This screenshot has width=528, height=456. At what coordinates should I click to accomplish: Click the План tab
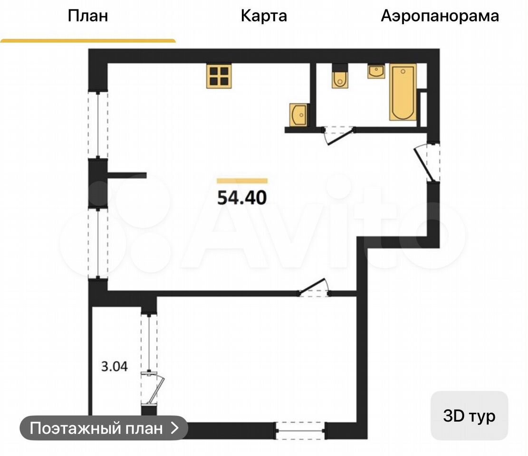pyautogui.click(x=88, y=16)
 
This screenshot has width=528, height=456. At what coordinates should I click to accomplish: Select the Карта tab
pyautogui.click(x=264, y=16)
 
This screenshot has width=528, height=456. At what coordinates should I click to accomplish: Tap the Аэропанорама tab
pyautogui.click(x=440, y=16)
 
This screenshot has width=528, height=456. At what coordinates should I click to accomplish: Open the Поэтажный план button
pyautogui.click(x=104, y=428)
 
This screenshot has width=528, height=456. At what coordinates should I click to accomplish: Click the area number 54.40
pyautogui.click(x=242, y=198)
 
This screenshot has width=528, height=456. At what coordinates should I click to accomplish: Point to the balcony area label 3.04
pyautogui.click(x=115, y=366)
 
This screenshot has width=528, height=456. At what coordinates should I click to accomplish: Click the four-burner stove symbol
pyautogui.click(x=219, y=76)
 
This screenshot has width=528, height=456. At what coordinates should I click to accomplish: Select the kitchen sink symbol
pyautogui.click(x=298, y=115)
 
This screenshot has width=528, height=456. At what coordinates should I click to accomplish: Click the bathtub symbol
pyautogui.click(x=403, y=92)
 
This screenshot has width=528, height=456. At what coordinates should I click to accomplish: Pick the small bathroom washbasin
pyautogui.click(x=376, y=71)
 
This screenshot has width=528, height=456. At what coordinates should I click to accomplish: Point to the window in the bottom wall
pyautogui.click(x=300, y=430)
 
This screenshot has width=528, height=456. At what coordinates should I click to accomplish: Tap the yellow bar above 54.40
pyautogui.click(x=242, y=181)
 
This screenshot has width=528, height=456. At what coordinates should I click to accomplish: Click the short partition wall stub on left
pyautogui.click(x=126, y=175)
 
